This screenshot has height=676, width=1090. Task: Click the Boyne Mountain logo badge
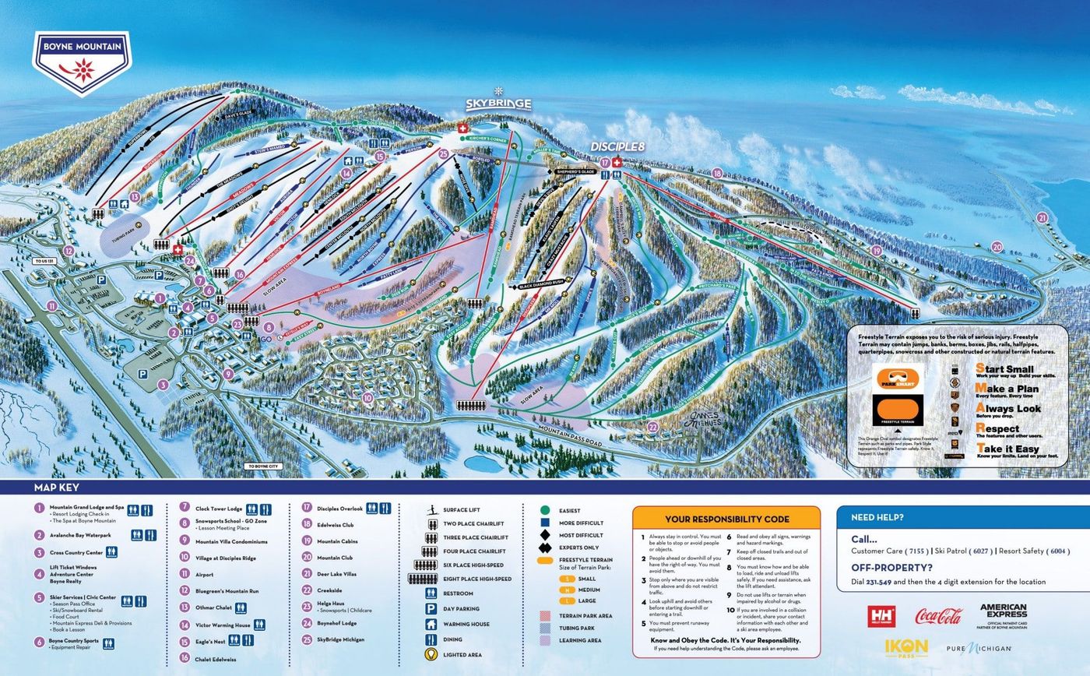click(82, 62)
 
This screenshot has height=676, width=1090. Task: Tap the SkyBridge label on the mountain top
click(498, 104)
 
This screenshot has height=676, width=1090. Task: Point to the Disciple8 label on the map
click(618, 146)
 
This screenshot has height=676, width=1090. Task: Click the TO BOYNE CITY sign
click(262, 467)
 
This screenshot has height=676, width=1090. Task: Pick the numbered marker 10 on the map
click(367, 398)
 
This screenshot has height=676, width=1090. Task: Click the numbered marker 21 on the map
click(1043, 218)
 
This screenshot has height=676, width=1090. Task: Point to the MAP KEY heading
click(56, 488)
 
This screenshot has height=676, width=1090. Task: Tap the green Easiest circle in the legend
click(546, 510)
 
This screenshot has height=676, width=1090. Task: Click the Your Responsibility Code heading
click(726, 519)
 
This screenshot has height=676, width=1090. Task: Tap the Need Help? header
click(877, 517)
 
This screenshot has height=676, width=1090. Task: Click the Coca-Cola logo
click(938, 617)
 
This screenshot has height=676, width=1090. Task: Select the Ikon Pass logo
click(906, 647)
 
